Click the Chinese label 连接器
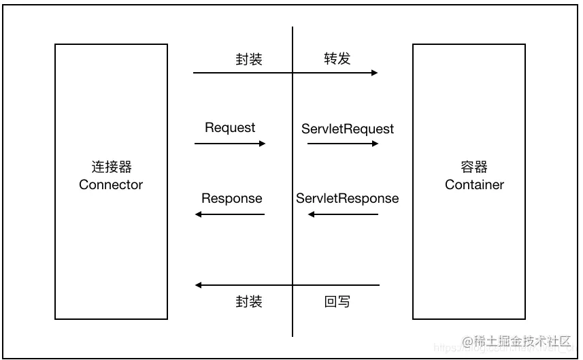[x=111, y=167]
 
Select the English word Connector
[x=111, y=184]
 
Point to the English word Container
[x=474, y=184]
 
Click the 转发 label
[x=337, y=59]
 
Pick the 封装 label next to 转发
[x=249, y=59]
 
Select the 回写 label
[x=337, y=301]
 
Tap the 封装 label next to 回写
[x=249, y=301]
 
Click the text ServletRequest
[x=348, y=128]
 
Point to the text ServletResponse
[x=348, y=199]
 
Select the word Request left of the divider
[x=230, y=128]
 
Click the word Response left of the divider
[x=231, y=199]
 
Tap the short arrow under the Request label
[x=230, y=144]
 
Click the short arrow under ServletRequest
[x=343, y=144]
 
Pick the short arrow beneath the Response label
[x=230, y=214]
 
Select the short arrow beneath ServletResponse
[x=343, y=214]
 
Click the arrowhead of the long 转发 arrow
[x=374, y=73]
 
